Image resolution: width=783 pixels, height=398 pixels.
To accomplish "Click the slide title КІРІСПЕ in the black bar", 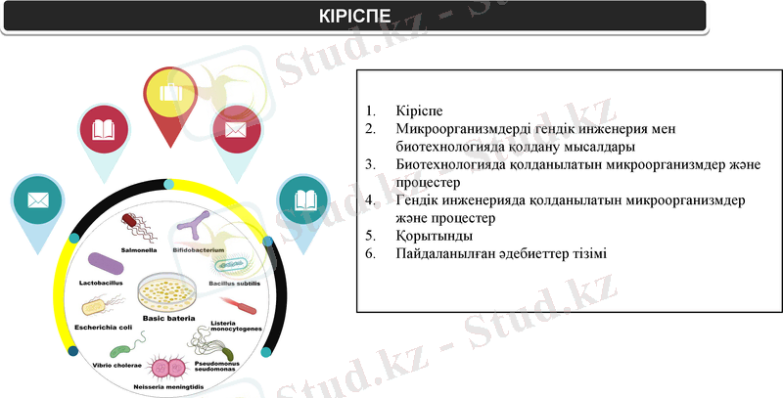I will click(354, 17).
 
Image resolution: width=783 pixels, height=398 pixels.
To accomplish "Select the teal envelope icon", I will click(39, 200).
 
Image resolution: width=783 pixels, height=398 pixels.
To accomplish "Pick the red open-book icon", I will click(104, 129).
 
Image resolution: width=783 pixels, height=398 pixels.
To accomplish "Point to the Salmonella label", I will click(138, 249).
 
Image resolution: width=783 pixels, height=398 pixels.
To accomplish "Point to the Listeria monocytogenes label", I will click(236, 326).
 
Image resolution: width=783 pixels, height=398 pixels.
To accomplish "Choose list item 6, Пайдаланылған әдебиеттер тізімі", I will click(501, 254).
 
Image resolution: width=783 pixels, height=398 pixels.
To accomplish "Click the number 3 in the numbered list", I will click(369, 165).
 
